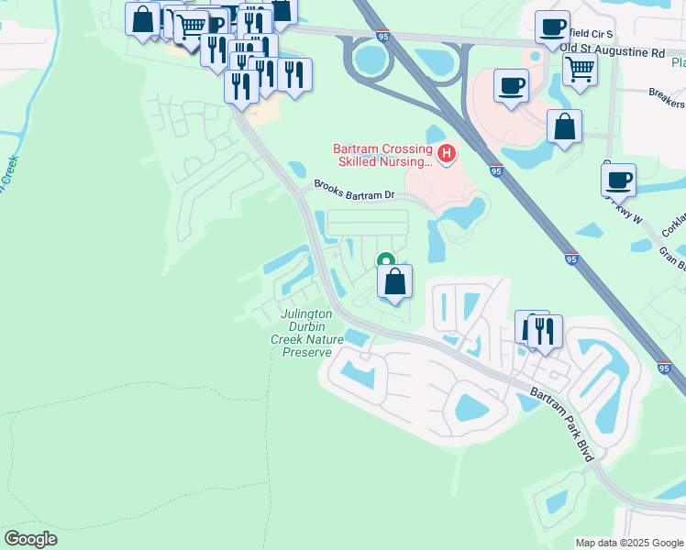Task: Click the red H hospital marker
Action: point(447,153)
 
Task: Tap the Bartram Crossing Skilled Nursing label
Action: point(382,155)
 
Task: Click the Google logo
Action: point(30,539)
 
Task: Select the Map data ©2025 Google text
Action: point(629,543)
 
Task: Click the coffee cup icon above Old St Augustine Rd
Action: point(552,27)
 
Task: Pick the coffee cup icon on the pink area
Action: point(511,87)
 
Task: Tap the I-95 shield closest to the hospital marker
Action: point(495,171)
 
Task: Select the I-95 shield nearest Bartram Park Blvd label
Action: point(664,368)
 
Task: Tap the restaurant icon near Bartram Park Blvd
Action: point(544,332)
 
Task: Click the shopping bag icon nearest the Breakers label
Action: point(564,126)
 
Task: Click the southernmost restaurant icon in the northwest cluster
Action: point(240,87)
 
